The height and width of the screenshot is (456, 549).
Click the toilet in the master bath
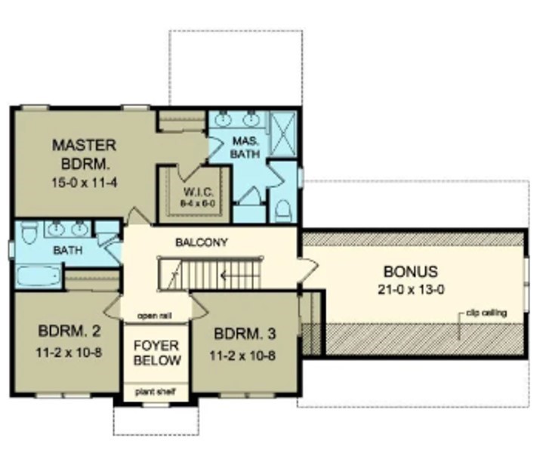point(283,208)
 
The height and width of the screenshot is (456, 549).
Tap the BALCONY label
point(202,243)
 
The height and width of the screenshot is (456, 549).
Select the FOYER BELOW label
point(157,353)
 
